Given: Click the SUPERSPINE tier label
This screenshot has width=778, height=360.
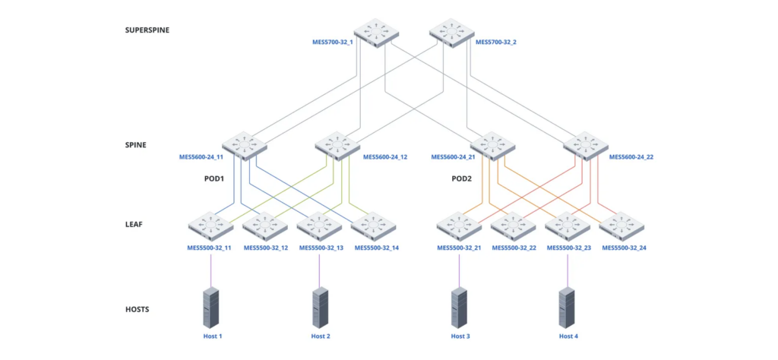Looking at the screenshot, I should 147,30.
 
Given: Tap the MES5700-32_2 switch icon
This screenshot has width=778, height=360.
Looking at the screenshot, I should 451,33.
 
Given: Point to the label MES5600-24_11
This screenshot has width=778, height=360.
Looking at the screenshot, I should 201,158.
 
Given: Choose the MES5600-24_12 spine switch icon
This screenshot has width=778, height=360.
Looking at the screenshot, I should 337,144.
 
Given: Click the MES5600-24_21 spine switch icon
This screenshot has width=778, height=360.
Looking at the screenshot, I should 492,144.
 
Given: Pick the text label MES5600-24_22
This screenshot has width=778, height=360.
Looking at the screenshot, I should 631,158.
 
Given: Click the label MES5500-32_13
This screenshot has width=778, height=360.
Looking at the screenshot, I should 321,248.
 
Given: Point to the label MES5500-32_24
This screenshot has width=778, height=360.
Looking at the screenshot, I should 624,248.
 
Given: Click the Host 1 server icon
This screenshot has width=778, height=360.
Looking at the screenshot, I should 210,307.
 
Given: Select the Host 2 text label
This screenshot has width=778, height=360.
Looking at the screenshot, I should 321,336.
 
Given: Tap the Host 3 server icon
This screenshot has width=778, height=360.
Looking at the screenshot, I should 459,307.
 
